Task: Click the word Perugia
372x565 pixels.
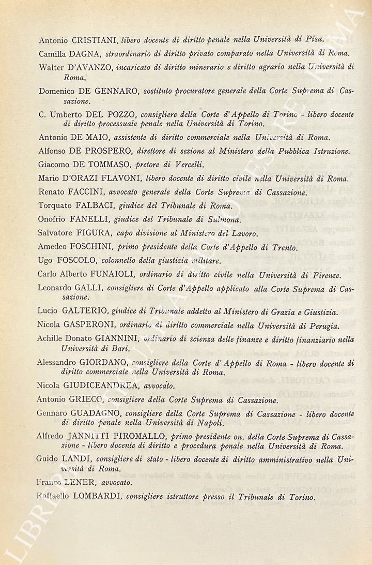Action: (322, 326)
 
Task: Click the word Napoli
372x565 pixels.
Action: (208, 423)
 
